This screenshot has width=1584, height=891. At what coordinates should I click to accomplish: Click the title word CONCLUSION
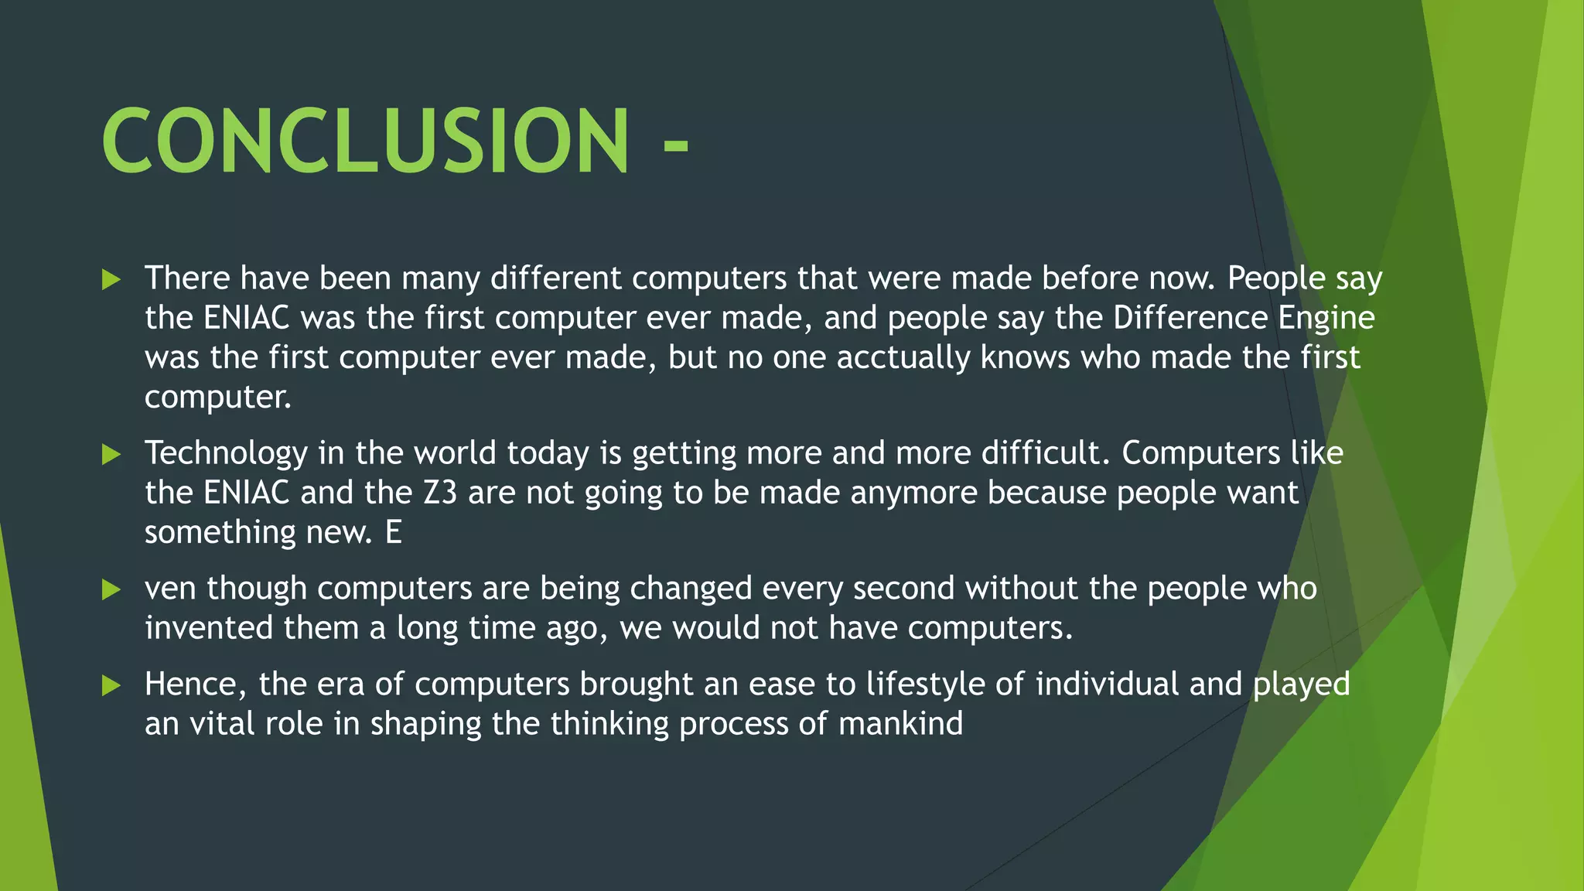[365, 141]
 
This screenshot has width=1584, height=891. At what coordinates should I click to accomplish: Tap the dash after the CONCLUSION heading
[675, 145]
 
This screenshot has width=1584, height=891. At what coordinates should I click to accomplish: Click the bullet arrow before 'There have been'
[111, 279]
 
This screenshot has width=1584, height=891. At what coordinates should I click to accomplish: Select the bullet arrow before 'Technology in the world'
[111, 454]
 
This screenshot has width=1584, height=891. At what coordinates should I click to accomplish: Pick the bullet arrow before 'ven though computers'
[111, 590]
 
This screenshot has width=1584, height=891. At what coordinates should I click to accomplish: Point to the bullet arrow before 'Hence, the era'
[111, 685]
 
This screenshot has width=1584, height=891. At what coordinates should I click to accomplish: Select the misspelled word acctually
[903, 358]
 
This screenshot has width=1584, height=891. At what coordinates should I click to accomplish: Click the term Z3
[440, 493]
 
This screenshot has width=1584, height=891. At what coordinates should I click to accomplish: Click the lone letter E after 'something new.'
[394, 533]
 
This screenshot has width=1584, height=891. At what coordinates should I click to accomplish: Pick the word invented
[209, 628]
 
